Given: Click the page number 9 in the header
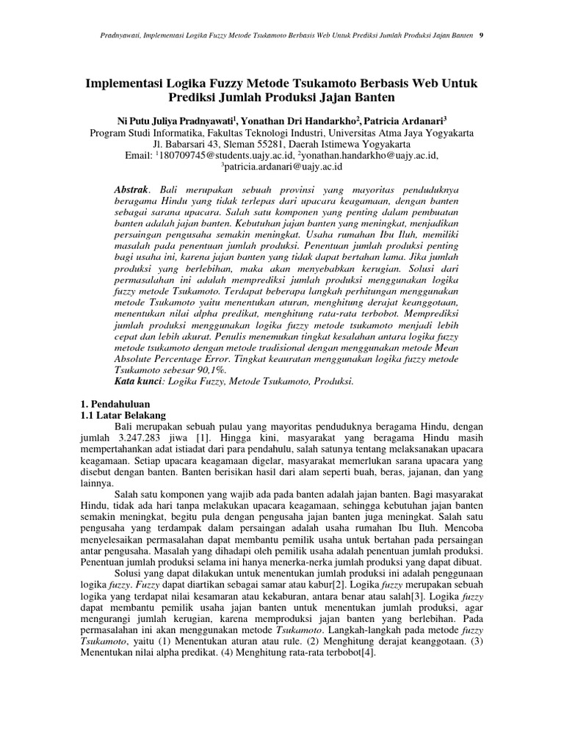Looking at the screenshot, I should click(x=480, y=35).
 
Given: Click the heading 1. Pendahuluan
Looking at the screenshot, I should click(x=114, y=404).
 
